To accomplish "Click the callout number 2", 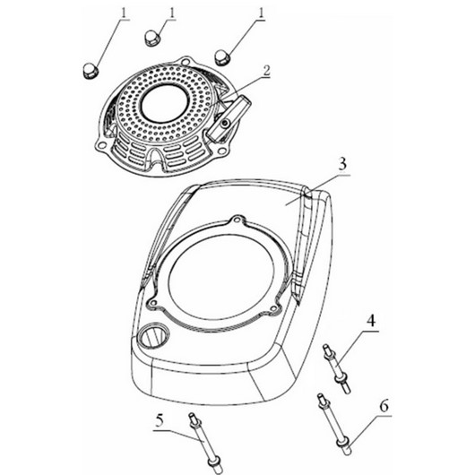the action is point(266,70).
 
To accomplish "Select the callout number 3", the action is point(342,164).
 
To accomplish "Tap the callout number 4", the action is point(370,320).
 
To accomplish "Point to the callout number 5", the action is point(160,420).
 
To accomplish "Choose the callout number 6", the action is point(384,406).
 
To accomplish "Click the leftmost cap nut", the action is point(91,72).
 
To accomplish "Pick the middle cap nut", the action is point(152,38).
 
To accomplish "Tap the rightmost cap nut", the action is point(223,56).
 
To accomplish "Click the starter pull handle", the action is point(229,118).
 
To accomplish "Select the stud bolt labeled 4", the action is point(337,368).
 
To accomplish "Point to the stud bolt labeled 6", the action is point(334,424).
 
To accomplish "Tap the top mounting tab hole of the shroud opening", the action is point(237,218).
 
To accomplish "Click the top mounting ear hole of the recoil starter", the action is point(186,62).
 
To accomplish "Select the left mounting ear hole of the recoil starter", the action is point(102,146).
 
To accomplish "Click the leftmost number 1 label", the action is point(124,13).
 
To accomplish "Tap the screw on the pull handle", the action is point(224,124).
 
